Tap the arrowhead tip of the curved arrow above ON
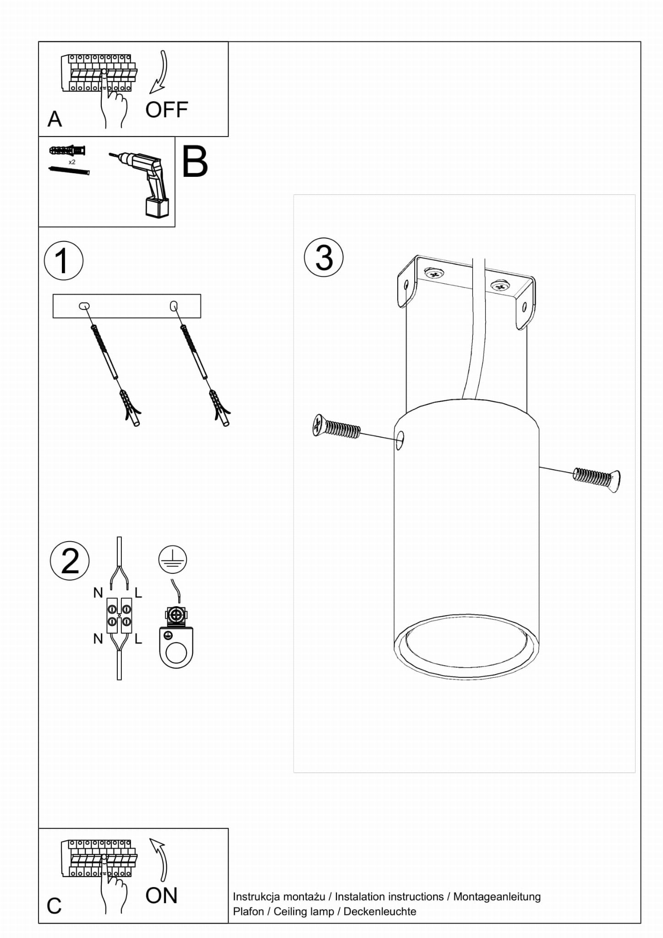tap(150, 839)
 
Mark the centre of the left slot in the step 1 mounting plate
tap(84, 306)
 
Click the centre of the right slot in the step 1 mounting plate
tap(174, 306)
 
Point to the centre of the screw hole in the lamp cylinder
tap(400, 440)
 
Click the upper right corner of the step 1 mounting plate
tap(201, 295)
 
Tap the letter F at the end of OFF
tap(181, 110)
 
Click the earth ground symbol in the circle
tap(173, 560)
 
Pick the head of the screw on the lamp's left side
tap(318, 425)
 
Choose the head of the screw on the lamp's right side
tap(615, 481)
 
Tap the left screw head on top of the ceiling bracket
tap(433, 274)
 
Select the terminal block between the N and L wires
tap(120, 615)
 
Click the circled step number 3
tap(324, 257)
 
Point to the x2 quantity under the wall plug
tap(72, 162)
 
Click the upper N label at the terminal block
tap(98, 593)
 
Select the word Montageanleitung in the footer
tap(497, 896)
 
